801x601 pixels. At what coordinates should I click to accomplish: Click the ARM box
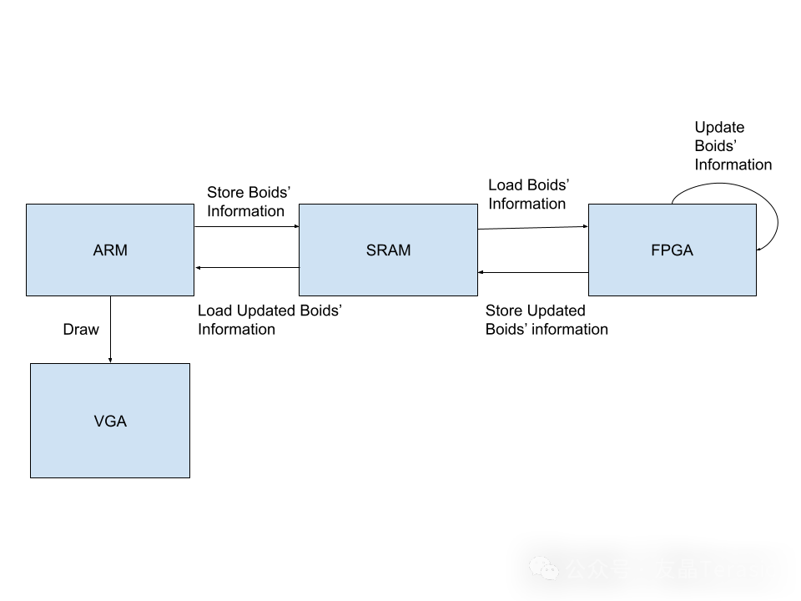(110, 250)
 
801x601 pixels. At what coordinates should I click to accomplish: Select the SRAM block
(388, 250)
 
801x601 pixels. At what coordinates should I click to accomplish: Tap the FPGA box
(672, 250)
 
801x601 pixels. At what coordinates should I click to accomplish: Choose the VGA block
(110, 421)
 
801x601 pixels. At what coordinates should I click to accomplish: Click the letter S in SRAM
(371, 250)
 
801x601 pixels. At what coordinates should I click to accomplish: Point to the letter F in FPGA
(655, 250)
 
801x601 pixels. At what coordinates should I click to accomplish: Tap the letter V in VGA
(98, 422)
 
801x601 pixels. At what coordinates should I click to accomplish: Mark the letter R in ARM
(109, 250)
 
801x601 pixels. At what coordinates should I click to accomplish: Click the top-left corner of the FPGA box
(590, 205)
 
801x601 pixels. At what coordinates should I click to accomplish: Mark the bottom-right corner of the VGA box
(189, 477)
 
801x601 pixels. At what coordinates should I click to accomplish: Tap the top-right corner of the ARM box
(193, 205)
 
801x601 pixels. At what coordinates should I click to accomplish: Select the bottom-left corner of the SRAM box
(300, 294)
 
